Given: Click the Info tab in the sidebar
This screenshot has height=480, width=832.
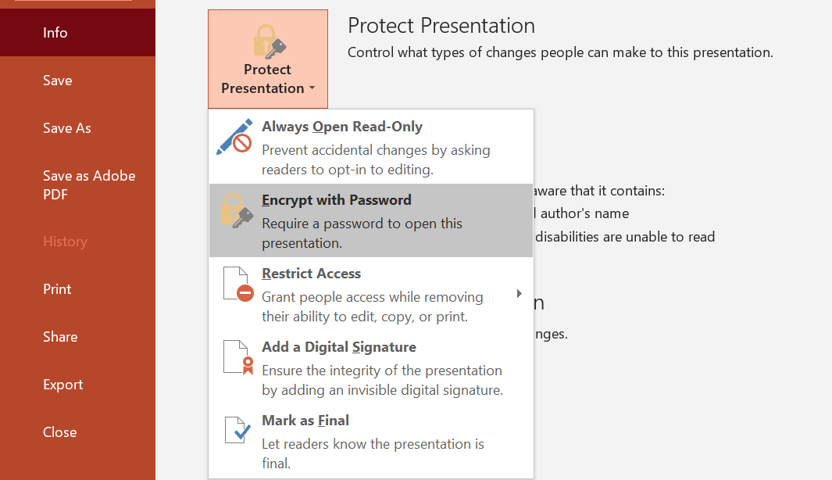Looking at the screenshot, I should (55, 33).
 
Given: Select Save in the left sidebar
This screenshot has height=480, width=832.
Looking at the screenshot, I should (58, 81).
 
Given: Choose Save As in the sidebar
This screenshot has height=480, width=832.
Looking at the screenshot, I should (67, 128).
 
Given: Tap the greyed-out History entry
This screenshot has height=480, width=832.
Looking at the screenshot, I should (65, 242).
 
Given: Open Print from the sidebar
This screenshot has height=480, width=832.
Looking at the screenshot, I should (57, 289).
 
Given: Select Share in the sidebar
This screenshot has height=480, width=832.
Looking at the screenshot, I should (60, 337).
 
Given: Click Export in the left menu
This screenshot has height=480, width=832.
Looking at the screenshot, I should (63, 385).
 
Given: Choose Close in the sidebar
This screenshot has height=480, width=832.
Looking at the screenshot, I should (60, 432).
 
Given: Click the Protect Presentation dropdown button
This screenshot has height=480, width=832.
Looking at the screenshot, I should (267, 59).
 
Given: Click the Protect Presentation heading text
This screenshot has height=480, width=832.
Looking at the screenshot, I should (441, 26).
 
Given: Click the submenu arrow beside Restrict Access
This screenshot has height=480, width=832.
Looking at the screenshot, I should (520, 294).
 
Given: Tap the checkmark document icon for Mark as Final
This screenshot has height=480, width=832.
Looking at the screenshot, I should (237, 430).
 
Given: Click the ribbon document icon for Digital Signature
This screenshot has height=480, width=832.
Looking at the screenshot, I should (238, 356).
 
